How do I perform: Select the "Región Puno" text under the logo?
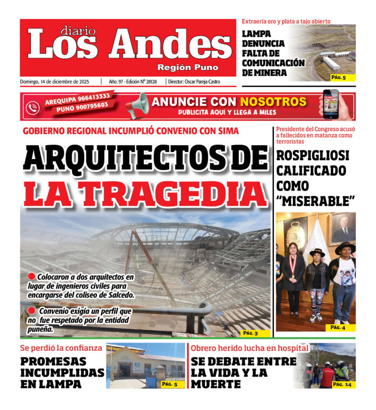click(x=188, y=67)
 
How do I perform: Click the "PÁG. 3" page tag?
click(x=250, y=333)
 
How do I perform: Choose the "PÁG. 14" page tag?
click(x=341, y=384)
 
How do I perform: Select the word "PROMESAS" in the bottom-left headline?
click(x=56, y=361)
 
